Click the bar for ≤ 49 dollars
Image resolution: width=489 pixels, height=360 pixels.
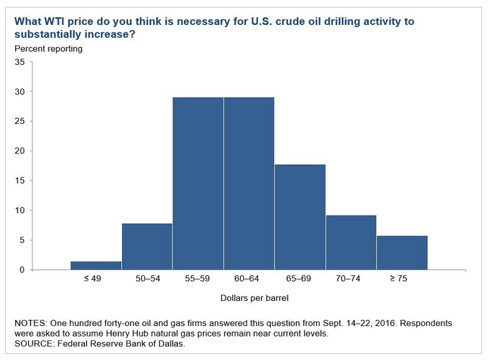coord(95,265)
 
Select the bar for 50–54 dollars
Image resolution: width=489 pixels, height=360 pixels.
coord(147,247)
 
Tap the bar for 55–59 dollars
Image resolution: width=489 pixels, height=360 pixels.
coord(198,183)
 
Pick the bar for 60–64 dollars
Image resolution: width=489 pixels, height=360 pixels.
coord(248,183)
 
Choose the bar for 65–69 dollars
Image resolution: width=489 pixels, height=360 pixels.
coord(300,217)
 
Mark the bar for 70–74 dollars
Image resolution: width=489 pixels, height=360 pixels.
coord(350,242)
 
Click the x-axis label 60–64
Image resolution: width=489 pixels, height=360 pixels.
coord(248,279)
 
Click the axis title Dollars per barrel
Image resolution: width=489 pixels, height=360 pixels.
coord(248,299)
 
